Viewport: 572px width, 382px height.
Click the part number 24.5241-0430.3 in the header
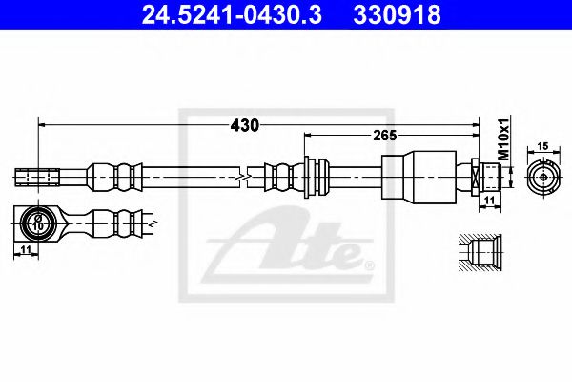[x=232, y=15]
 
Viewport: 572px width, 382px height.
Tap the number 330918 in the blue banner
[x=397, y=15]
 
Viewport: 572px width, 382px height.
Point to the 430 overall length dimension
[x=244, y=125]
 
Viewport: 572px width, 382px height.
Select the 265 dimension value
[x=384, y=136]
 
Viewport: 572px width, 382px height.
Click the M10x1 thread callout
[x=503, y=139]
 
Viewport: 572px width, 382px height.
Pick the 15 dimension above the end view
[x=542, y=146]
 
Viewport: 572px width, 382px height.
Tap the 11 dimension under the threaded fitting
[x=489, y=201]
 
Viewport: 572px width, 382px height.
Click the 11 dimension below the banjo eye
[x=25, y=249]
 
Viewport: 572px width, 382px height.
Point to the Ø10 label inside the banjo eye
[x=37, y=223]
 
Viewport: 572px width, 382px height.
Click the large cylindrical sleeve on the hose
[x=419, y=176]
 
